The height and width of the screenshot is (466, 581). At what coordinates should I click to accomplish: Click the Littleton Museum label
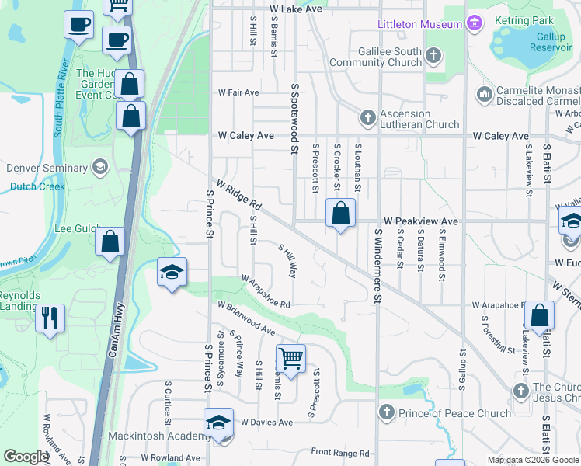pyautogui.click(x=419, y=24)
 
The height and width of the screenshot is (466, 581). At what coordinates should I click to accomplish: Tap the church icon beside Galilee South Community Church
pyautogui.click(x=433, y=56)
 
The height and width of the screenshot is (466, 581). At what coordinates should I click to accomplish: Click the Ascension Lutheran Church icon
pyautogui.click(x=367, y=118)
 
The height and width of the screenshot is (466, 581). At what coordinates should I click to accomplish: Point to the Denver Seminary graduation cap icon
pyautogui.click(x=99, y=168)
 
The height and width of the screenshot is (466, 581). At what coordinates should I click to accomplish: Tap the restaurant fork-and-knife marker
pyautogui.click(x=50, y=317)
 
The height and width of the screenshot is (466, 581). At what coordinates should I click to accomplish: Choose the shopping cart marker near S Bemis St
pyautogui.click(x=290, y=359)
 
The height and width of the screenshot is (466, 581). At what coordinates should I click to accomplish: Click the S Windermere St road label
pyautogui.click(x=379, y=264)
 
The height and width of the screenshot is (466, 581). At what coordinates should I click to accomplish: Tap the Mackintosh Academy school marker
pyautogui.click(x=218, y=423)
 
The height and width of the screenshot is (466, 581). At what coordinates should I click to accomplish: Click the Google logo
pyautogui.click(x=26, y=457)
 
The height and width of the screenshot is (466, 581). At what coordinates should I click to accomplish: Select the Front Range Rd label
pyautogui.click(x=340, y=453)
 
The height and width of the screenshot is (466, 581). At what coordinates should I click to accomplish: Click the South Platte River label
pyautogui.click(x=62, y=98)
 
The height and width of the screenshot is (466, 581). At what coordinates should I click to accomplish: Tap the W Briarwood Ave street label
pyautogui.click(x=247, y=318)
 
